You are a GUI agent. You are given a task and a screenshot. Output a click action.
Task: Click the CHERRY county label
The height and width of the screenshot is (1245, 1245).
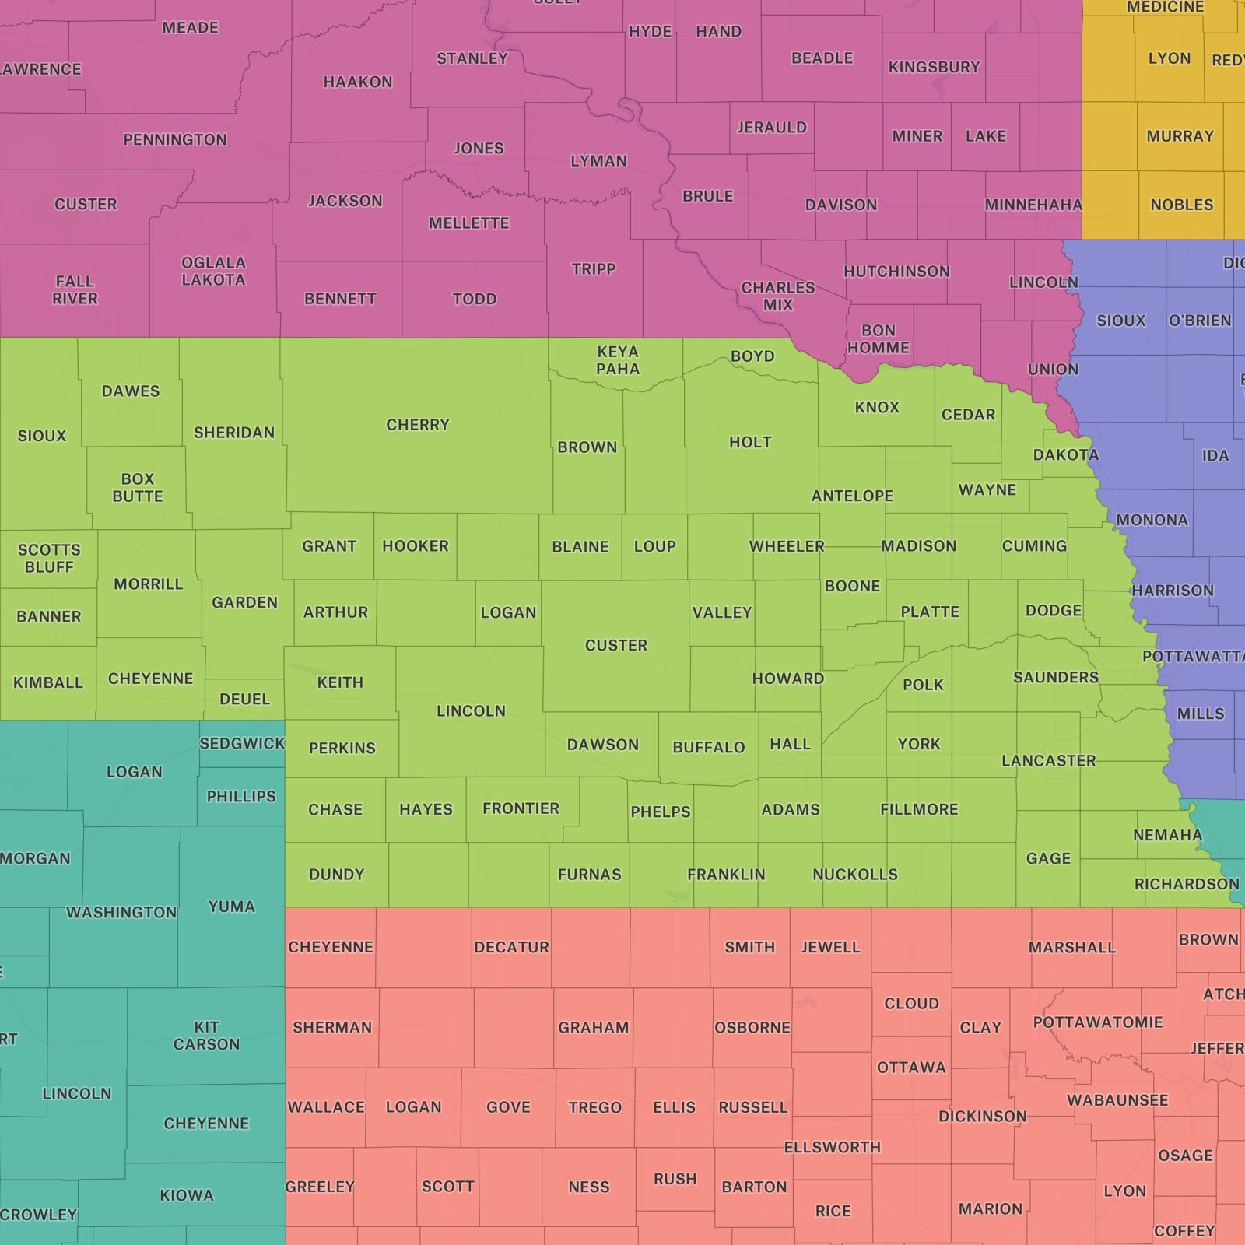point(418,425)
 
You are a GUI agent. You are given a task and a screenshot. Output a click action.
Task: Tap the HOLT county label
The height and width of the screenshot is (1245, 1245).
point(750,442)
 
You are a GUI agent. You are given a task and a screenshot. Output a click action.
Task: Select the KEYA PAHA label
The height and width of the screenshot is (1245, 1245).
point(618,360)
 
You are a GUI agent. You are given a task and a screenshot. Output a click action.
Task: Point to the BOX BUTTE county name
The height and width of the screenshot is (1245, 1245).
point(138,488)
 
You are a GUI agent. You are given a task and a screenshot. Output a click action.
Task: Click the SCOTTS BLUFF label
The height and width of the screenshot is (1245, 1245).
point(49,559)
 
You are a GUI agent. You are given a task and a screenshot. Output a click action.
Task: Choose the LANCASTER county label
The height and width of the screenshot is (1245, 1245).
point(1048,760)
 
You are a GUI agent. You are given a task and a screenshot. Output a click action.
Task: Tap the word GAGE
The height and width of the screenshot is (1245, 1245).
point(1048,858)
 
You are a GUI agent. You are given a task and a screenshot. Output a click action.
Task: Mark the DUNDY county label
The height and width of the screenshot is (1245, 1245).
point(336,875)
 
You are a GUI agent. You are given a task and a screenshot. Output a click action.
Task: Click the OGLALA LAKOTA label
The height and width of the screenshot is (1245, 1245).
point(213,272)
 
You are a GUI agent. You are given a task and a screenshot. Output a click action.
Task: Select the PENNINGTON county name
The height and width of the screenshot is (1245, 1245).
point(175,140)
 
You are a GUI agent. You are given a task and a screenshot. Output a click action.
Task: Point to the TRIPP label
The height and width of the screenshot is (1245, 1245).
point(594,269)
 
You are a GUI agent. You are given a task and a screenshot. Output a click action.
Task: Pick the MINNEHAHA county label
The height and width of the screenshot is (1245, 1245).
point(1033,205)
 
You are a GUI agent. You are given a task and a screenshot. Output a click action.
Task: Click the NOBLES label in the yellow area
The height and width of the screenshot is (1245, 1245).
point(1181,205)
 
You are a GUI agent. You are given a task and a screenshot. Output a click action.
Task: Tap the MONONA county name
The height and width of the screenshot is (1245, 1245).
point(1152,520)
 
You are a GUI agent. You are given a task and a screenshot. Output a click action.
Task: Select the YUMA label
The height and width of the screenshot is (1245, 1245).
point(231,907)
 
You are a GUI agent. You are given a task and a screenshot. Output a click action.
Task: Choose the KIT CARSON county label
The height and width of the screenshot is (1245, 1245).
point(206,1036)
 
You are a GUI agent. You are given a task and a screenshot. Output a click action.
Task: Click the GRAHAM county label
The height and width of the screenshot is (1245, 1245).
point(593,1028)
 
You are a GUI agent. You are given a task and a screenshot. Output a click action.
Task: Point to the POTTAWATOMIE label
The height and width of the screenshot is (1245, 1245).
point(1097,1022)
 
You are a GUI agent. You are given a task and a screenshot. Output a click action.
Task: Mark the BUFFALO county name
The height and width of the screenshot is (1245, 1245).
point(708,748)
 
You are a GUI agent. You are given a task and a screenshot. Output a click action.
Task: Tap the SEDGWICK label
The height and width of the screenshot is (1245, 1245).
point(242,743)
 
